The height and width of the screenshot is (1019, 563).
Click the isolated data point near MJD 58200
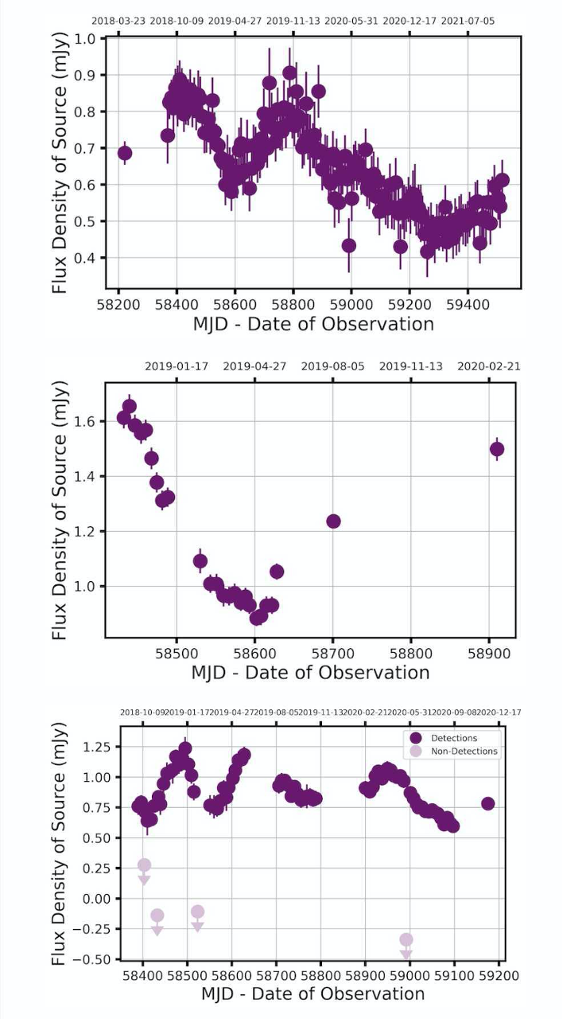(x=125, y=153)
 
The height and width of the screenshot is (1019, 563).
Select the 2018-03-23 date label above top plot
(x=118, y=21)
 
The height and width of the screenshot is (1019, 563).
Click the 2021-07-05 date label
(x=468, y=21)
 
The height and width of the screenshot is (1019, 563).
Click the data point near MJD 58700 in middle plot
(x=333, y=521)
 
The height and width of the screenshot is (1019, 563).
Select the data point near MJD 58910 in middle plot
(x=497, y=449)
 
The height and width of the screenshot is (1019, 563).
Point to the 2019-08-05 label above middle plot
(x=332, y=367)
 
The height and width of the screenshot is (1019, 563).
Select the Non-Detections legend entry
(x=464, y=751)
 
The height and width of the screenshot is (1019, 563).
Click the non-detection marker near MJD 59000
(x=406, y=940)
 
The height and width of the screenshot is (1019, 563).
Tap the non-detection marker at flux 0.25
(x=144, y=865)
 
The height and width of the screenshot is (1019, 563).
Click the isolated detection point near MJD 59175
(x=488, y=804)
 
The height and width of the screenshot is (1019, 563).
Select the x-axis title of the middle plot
(x=310, y=672)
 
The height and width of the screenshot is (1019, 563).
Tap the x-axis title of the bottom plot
(x=313, y=994)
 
